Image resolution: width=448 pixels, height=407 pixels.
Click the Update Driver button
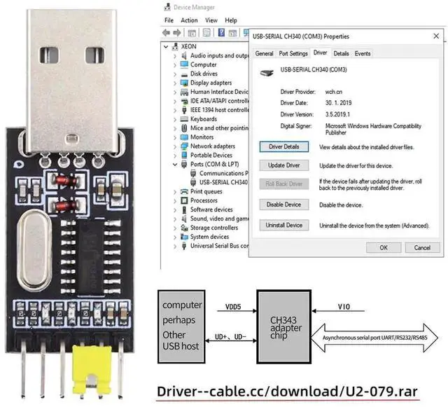pos(284,165)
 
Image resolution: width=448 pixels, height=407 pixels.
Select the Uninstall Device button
pos(284,225)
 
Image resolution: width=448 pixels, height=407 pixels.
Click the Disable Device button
pos(284,205)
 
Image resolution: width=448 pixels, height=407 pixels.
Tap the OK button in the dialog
pos(384,247)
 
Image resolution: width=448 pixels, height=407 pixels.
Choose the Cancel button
pos(422,247)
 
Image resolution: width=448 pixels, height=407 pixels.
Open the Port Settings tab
pos(293,53)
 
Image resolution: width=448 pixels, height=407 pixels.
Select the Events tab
pos(363,53)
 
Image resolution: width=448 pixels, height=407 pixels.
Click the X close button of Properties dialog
pos(436,36)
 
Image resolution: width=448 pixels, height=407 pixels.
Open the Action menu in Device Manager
pos(189,20)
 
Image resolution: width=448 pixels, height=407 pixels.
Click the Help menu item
pos(231,20)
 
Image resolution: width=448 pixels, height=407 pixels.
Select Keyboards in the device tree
pos(204,119)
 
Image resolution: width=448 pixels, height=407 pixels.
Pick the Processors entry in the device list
pos(204,200)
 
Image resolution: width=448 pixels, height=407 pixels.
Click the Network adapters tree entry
pos(213,146)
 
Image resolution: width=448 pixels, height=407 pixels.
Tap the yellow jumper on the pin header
pos(92,369)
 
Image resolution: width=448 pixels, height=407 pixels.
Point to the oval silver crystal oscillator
pos(35,250)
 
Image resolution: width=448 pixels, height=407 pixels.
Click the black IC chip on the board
pos(91,256)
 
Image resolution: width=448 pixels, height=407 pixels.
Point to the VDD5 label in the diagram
pos(233,307)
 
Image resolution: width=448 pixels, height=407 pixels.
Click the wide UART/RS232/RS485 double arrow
pos(374,338)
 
